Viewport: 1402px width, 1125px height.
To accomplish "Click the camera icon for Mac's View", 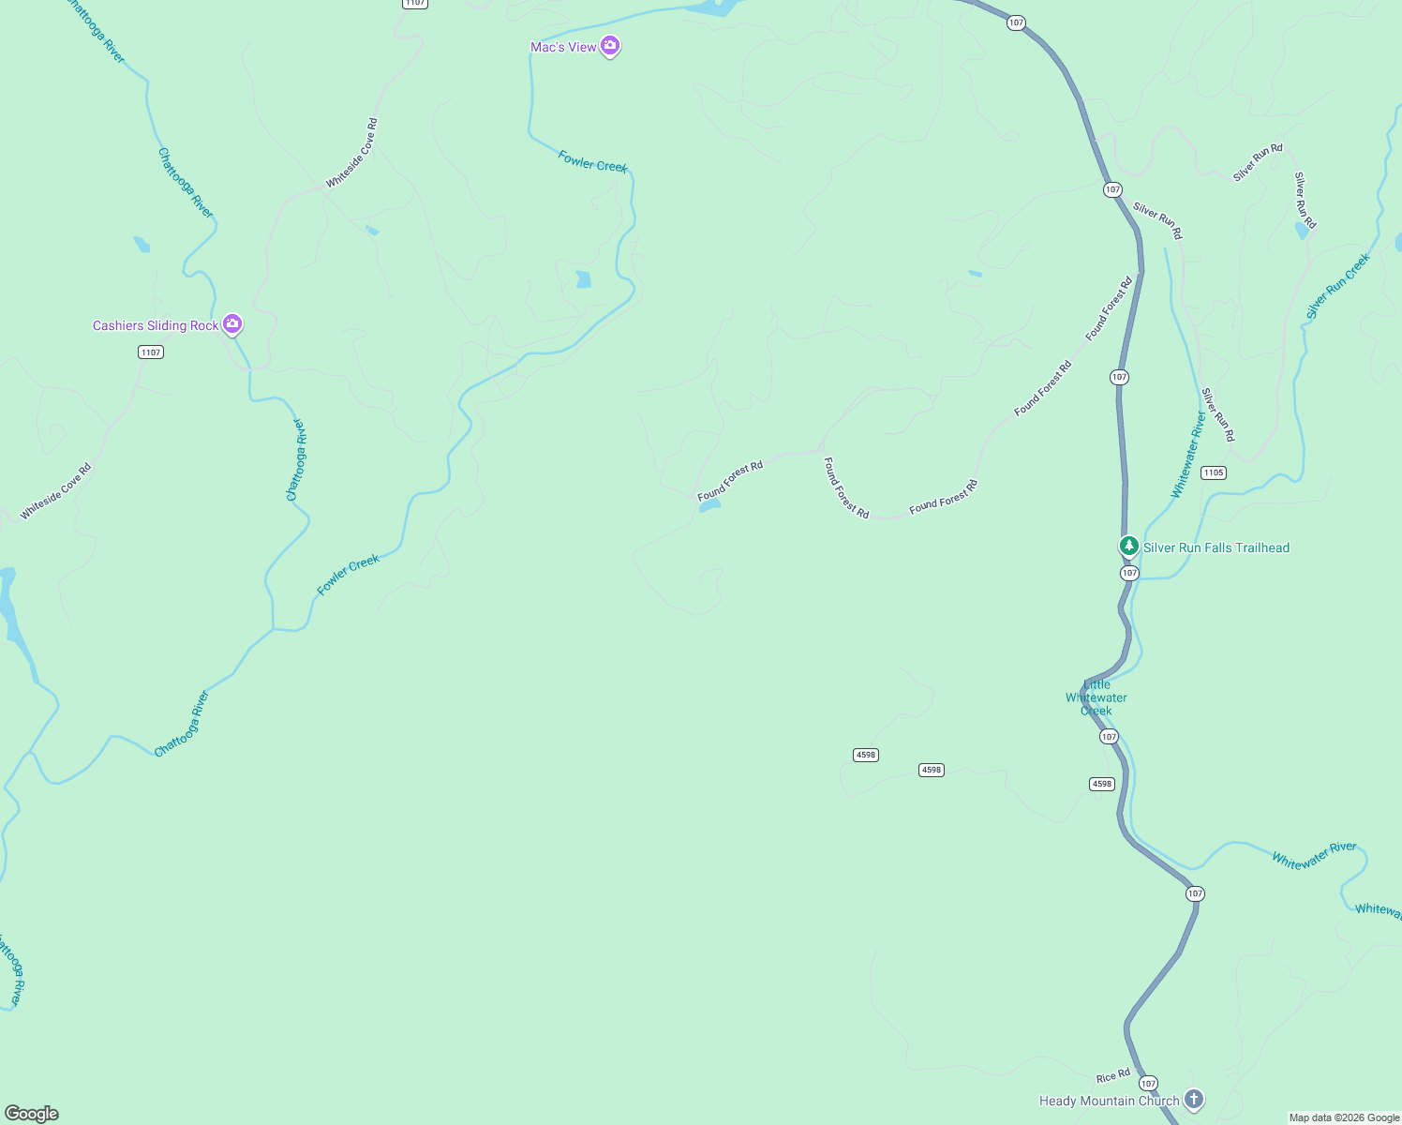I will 610,45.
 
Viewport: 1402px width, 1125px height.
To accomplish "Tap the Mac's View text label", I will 563,47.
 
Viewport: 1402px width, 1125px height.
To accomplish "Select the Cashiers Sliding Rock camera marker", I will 232,324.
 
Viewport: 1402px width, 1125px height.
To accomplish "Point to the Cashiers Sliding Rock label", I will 156,325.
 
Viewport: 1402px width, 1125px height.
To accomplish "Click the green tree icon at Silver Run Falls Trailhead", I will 1129,546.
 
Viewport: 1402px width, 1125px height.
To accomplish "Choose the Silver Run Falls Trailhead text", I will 1216,547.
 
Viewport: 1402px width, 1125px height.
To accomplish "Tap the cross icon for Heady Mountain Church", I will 1193,1099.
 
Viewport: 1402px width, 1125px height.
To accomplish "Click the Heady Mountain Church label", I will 1110,1101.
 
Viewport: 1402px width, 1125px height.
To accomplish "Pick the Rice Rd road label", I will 1113,1077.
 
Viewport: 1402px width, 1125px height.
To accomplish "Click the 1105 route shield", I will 1214,472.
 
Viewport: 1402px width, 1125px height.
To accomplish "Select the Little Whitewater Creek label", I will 1096,697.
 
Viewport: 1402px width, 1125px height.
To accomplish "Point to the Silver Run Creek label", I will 1338,286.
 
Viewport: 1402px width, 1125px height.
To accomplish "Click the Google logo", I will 32,1113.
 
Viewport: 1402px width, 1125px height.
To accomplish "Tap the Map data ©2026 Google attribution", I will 1344,1117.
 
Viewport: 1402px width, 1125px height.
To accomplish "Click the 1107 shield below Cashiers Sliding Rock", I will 151,352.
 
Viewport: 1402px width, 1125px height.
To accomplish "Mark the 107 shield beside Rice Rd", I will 1149,1083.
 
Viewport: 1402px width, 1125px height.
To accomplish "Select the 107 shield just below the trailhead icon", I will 1129,573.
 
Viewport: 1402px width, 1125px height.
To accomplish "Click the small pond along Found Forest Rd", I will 709,506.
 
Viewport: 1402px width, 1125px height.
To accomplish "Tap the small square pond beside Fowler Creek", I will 584,278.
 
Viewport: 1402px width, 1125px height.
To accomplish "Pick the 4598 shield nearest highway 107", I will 1102,784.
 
